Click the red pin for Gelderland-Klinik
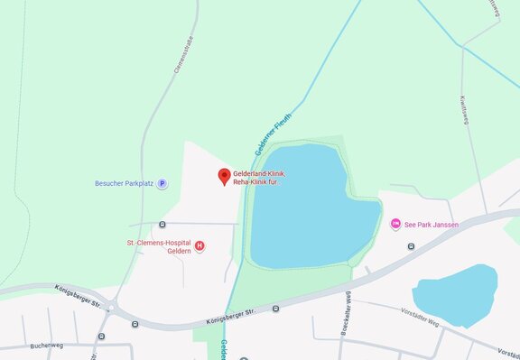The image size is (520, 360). click(224, 176)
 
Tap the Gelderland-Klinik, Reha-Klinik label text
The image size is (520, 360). click(260, 177)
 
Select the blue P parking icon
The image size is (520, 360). click(162, 183)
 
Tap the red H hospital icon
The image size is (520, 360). click(200, 245)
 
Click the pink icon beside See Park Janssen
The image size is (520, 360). click(395, 224)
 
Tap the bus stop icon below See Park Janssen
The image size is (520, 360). click(411, 245)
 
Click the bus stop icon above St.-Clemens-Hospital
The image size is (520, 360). click(162, 224)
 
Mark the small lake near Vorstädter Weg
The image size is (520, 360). click(454, 297)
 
